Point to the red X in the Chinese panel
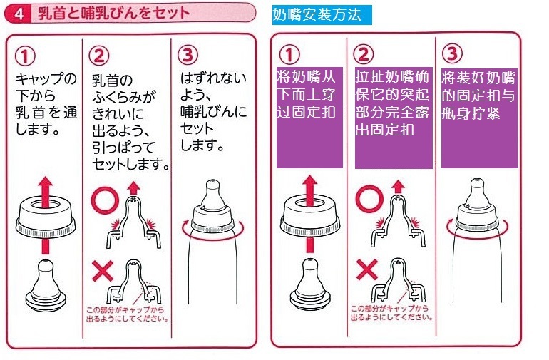tap(366, 271)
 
